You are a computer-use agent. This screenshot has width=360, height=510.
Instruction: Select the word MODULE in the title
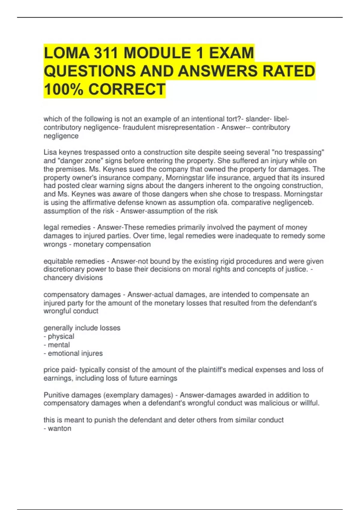[x=161, y=53]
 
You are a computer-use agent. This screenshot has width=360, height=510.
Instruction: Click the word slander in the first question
[x=257, y=119]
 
